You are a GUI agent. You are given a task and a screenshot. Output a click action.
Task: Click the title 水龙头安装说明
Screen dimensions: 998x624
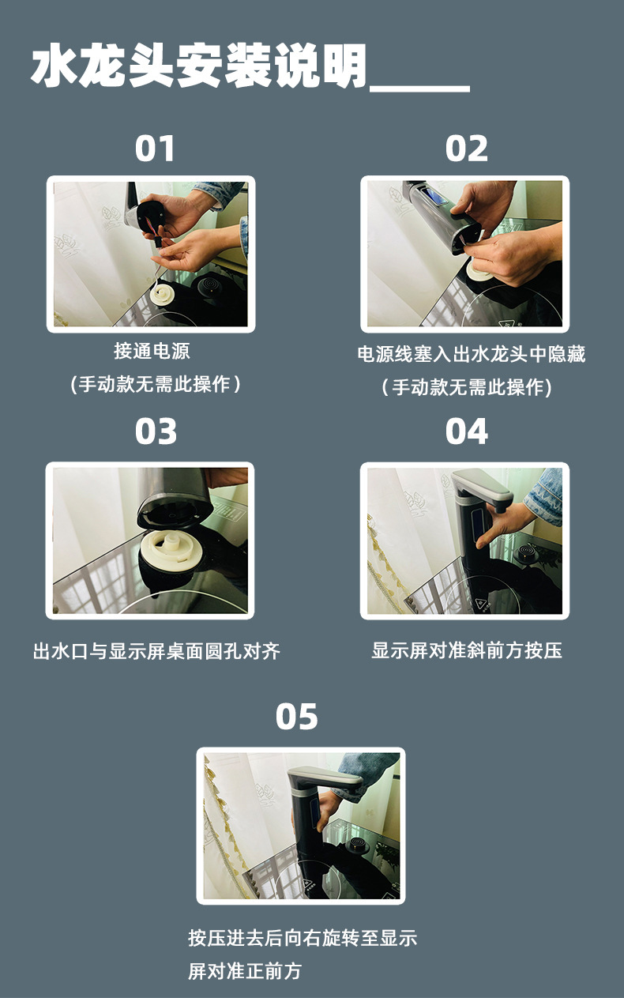tap(199, 66)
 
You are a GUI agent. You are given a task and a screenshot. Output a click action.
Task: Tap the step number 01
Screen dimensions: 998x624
tap(155, 149)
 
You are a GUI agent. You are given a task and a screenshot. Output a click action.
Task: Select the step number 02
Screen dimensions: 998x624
tap(467, 149)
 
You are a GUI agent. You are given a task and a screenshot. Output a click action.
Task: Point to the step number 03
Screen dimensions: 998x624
tap(156, 431)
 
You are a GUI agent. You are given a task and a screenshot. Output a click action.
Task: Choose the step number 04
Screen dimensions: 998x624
tap(467, 431)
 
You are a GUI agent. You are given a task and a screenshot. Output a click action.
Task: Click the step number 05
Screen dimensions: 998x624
tap(297, 717)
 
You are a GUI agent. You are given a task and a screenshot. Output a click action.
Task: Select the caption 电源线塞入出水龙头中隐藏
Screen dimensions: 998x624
tap(471, 354)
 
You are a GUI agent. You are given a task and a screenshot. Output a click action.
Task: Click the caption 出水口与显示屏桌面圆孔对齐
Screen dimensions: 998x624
tap(156, 651)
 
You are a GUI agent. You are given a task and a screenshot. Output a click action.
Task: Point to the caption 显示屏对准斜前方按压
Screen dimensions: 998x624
tap(467, 651)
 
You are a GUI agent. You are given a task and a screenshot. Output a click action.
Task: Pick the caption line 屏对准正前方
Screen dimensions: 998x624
tap(245, 971)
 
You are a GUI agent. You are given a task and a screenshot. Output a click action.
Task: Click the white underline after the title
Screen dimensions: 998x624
tap(419, 89)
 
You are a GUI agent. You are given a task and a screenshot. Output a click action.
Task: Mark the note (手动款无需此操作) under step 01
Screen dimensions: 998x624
tap(155, 385)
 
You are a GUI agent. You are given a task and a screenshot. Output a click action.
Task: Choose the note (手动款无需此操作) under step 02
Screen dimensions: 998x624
tap(466, 387)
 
